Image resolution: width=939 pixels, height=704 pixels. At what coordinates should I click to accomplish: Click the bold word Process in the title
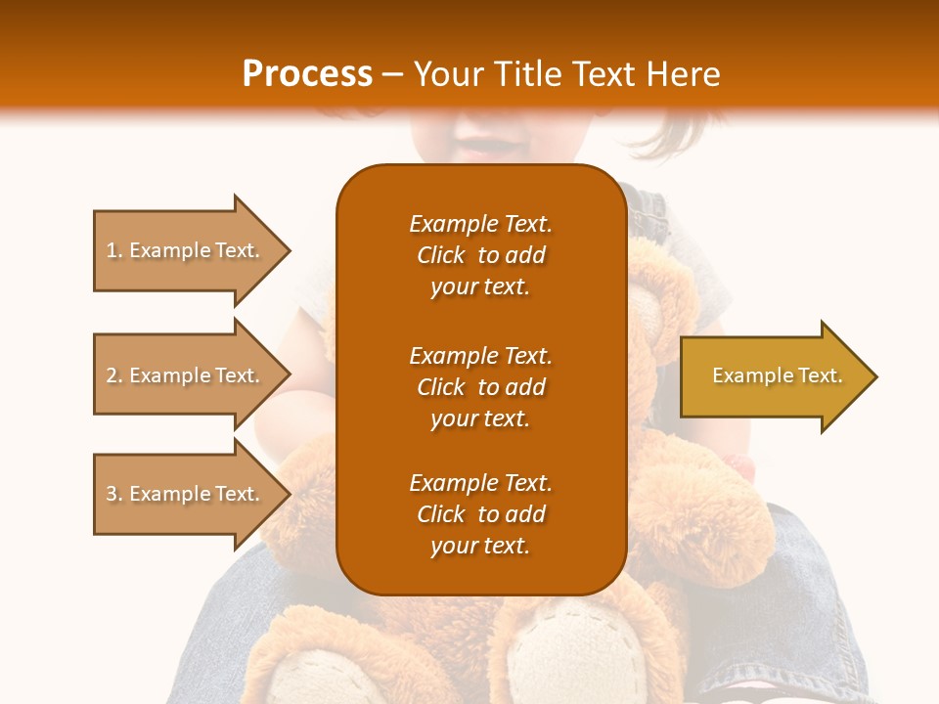pos(307,74)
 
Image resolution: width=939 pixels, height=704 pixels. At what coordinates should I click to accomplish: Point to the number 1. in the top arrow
pos(114,251)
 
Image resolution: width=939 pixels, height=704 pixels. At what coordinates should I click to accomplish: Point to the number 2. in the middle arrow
pos(114,375)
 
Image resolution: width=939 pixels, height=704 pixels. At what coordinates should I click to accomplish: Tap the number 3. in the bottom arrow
pos(114,494)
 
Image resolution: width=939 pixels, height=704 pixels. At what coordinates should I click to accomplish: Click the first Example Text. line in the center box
pos(480,224)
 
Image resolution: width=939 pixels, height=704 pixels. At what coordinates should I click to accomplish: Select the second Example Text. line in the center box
pos(480,356)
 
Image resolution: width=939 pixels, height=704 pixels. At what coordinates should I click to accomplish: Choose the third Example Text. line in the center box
pos(480,483)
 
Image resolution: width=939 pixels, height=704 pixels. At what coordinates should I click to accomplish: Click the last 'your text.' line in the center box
pos(480,547)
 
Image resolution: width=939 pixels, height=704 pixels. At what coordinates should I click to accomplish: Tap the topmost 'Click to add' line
pos(480,255)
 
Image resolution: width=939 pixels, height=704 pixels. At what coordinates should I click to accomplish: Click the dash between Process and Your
pos(393,75)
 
